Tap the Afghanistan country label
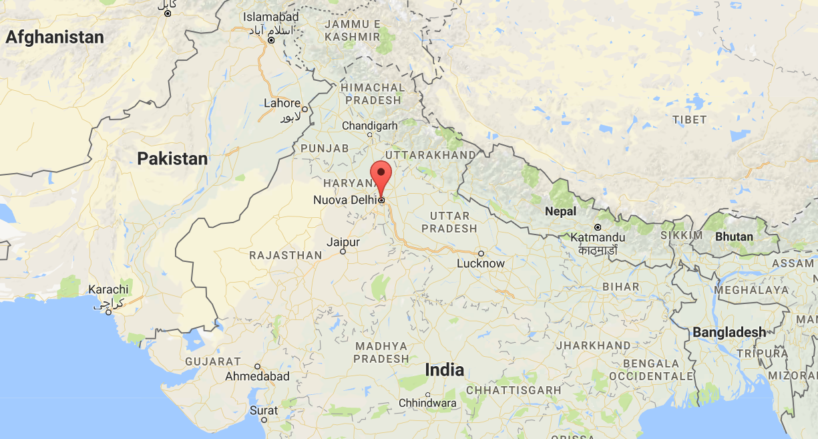[55, 37]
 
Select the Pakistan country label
[172, 159]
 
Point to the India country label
[445, 370]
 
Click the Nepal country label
[560, 211]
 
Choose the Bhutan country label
[734, 237]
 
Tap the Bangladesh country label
[729, 332]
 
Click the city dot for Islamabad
[271, 41]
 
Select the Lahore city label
[282, 104]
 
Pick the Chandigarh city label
[369, 126]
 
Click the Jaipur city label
[343, 243]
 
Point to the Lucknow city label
[481, 263]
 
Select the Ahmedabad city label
[257, 376]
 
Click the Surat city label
[263, 410]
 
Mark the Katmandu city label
[598, 237]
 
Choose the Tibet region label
[690, 120]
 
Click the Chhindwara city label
[427, 403]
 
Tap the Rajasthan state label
[285, 255]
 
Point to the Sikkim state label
[681, 235]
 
